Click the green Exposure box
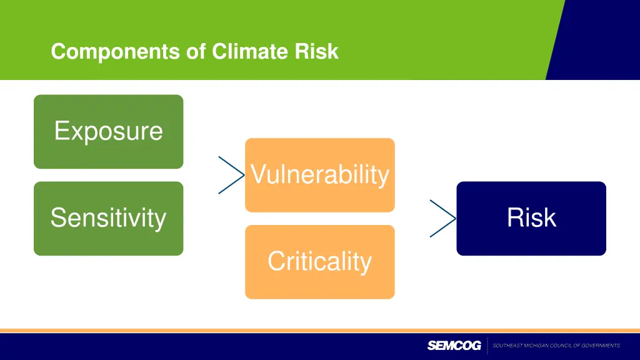[109, 132]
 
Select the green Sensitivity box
[109, 219]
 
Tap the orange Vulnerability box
[320, 175]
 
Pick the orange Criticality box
[320, 262]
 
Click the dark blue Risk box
[531, 219]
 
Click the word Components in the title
[115, 52]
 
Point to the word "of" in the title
[196, 51]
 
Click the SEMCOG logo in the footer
[454, 346]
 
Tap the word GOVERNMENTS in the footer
[601, 346]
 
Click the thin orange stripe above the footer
[320, 331]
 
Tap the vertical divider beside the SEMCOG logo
[487, 346]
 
